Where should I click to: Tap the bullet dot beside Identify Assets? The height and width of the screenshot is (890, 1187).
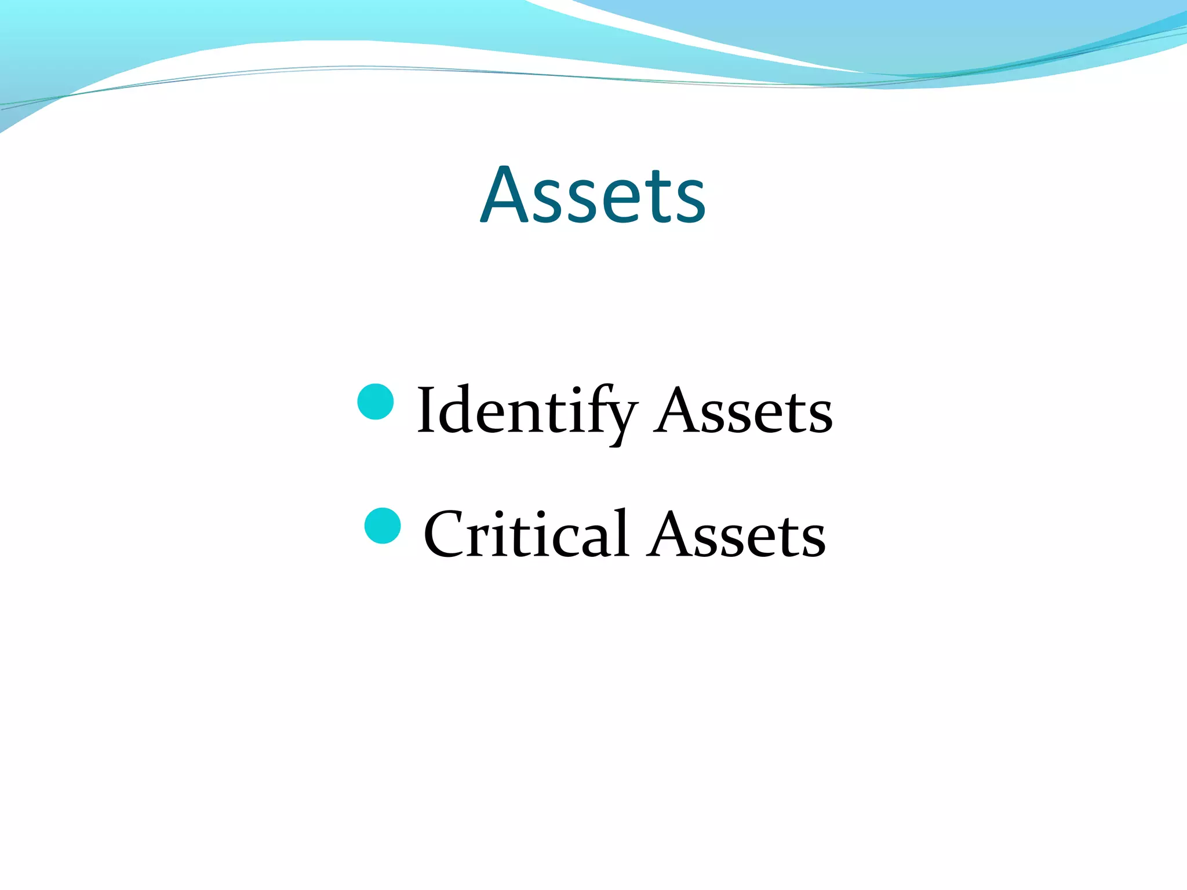(x=376, y=401)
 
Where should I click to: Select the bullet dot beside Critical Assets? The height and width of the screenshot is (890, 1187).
(x=383, y=526)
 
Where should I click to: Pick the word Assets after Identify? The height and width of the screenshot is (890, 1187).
(x=743, y=411)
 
